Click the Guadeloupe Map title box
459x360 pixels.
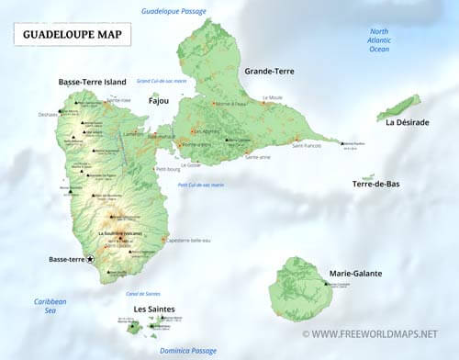click(x=72, y=35)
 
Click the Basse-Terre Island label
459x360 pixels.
click(x=92, y=81)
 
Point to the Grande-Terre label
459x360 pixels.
click(x=269, y=71)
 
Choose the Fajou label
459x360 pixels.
click(x=158, y=102)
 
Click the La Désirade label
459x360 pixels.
click(x=407, y=122)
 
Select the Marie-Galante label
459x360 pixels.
click(x=355, y=274)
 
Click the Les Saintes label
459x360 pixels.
click(x=154, y=309)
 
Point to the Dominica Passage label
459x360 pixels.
click(x=185, y=350)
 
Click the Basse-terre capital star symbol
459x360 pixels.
click(x=90, y=260)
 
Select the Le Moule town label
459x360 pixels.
click(x=274, y=97)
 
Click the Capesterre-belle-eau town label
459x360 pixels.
click(x=188, y=241)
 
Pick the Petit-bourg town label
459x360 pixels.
click(x=167, y=169)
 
